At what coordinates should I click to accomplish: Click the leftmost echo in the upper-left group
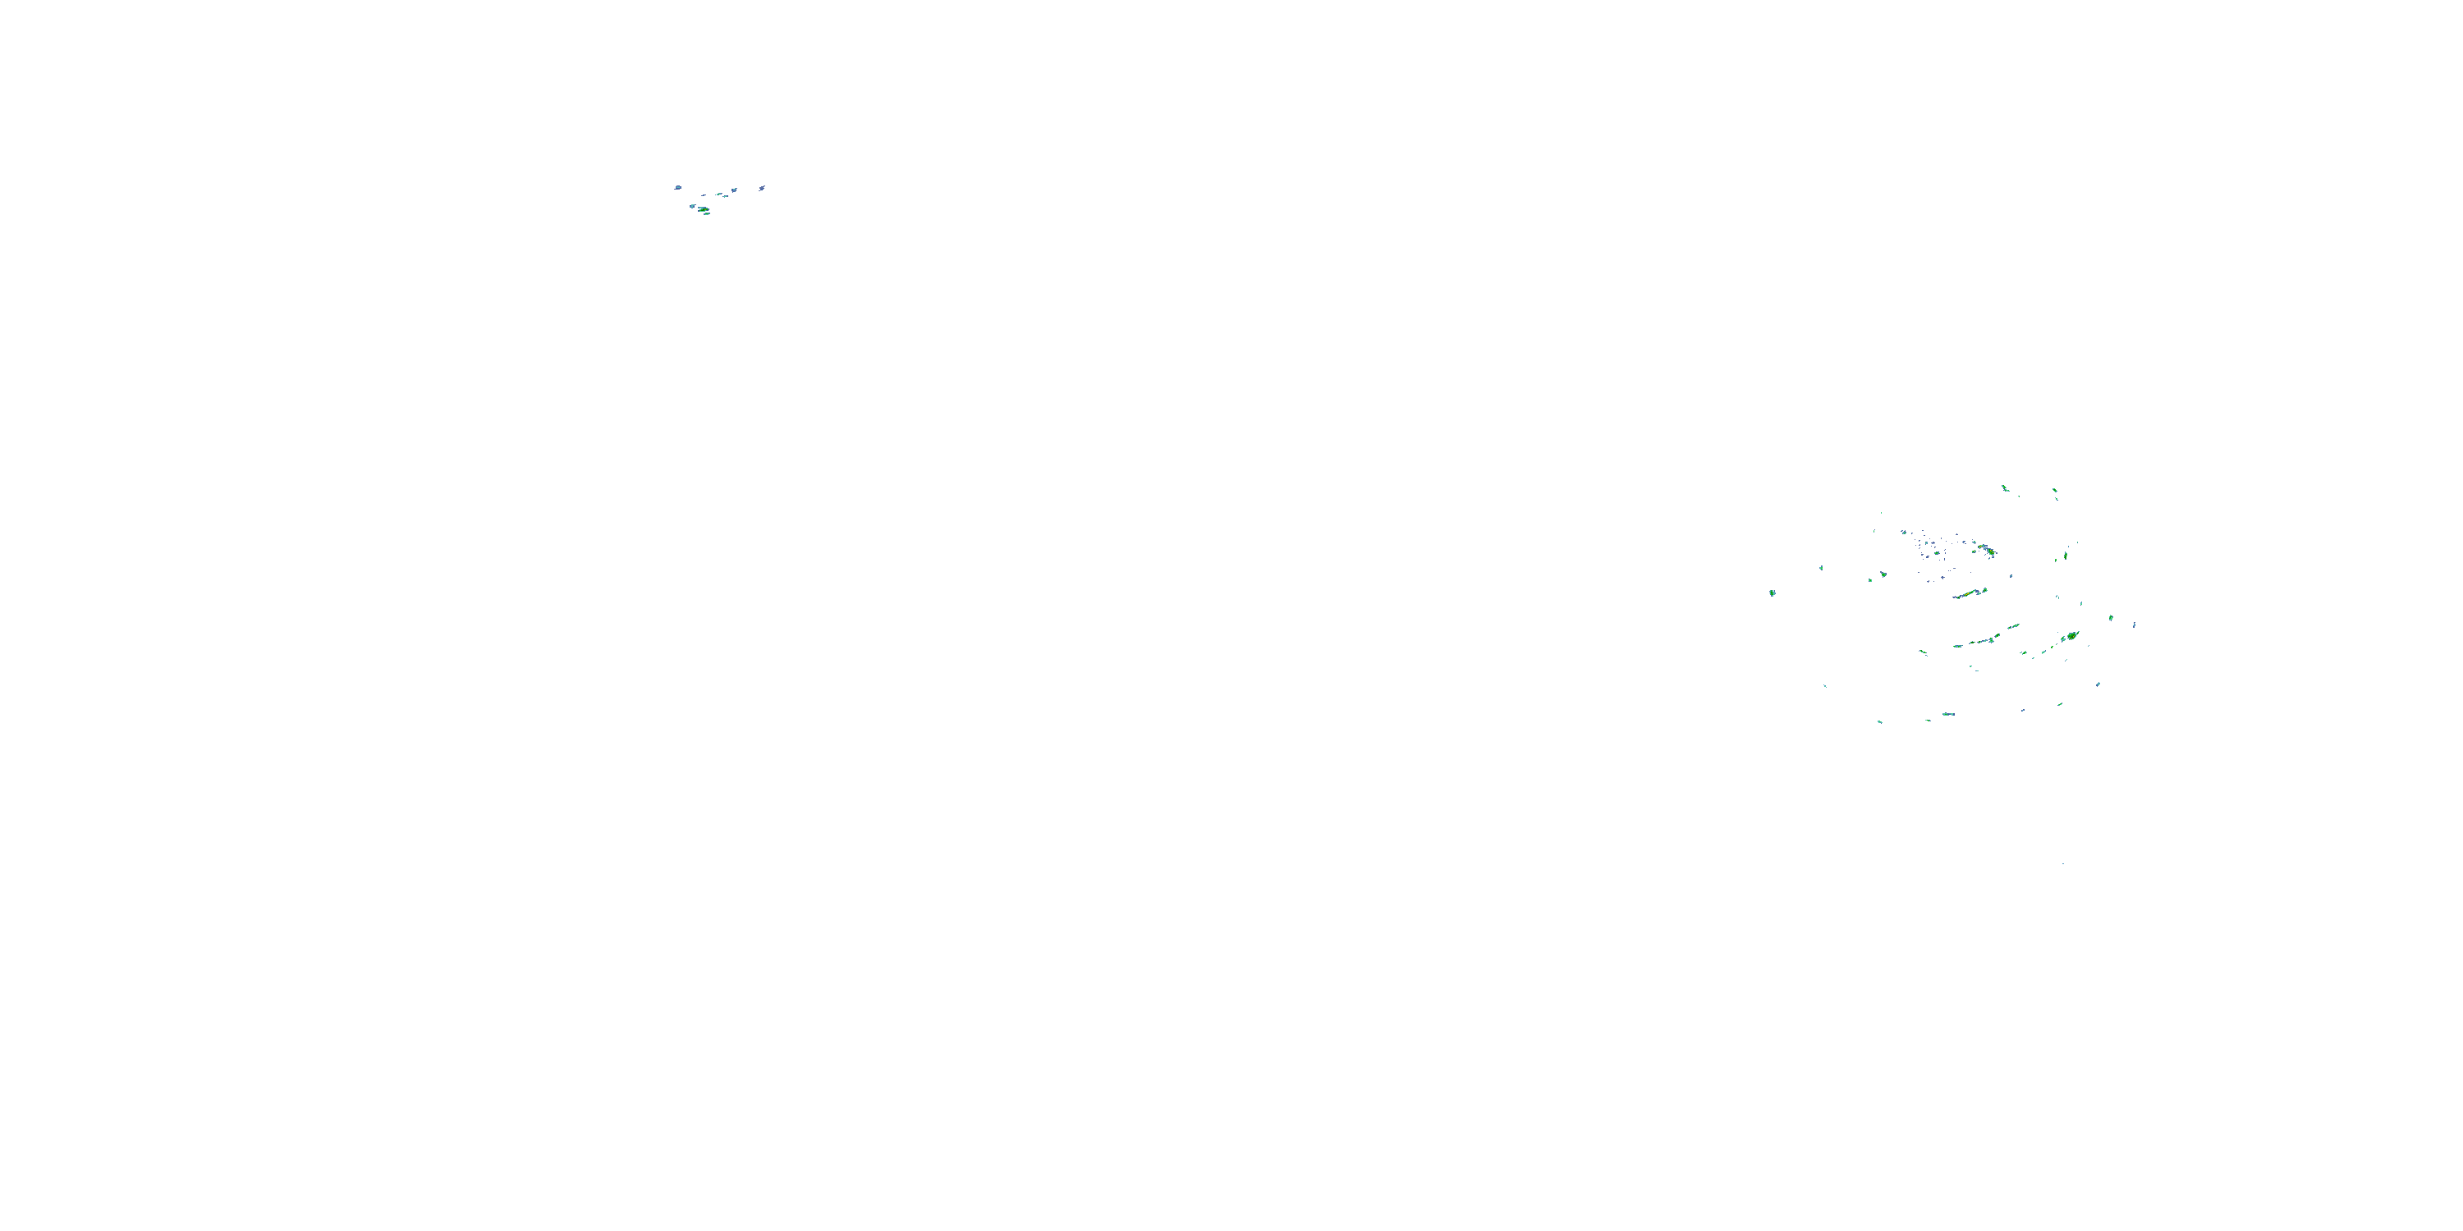[678, 187]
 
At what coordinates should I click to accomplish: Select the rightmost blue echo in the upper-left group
[761, 188]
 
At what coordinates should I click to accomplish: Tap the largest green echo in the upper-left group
[703, 208]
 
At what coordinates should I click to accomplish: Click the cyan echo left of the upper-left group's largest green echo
[692, 205]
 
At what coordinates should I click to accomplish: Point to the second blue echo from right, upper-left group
[734, 190]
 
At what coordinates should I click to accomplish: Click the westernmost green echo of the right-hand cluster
[1772, 593]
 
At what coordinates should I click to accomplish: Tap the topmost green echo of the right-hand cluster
[2004, 487]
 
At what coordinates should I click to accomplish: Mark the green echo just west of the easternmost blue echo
[2111, 617]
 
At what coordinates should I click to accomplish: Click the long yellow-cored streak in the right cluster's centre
[1968, 593]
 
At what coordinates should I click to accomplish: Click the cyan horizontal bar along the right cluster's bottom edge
[1947, 714]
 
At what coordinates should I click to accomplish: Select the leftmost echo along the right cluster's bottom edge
[1880, 721]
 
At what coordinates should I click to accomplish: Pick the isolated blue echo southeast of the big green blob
[2098, 684]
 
